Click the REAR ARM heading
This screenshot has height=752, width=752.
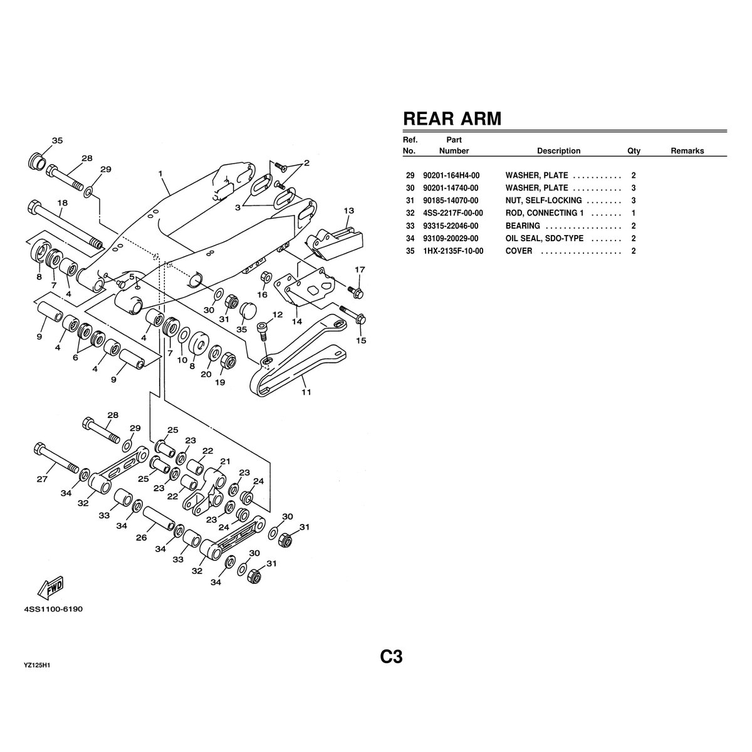(451, 118)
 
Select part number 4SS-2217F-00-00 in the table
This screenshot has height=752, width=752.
(452, 213)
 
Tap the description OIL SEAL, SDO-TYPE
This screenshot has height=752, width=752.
(544, 238)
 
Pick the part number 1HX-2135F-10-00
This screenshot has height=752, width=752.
(452, 251)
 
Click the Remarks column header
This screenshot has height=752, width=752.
(687, 150)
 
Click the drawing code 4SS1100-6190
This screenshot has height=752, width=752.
(53, 608)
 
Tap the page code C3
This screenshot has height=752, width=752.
(390, 657)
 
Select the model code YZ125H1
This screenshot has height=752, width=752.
(37, 665)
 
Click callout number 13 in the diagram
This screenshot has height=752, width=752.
(348, 210)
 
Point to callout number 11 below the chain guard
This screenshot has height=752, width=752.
(306, 393)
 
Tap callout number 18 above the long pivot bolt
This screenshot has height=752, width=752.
(62, 202)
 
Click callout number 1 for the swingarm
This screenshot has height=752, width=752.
(160, 173)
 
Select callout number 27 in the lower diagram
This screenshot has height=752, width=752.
(42, 481)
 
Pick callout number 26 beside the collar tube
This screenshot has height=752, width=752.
(142, 538)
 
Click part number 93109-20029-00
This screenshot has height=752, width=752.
(450, 238)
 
